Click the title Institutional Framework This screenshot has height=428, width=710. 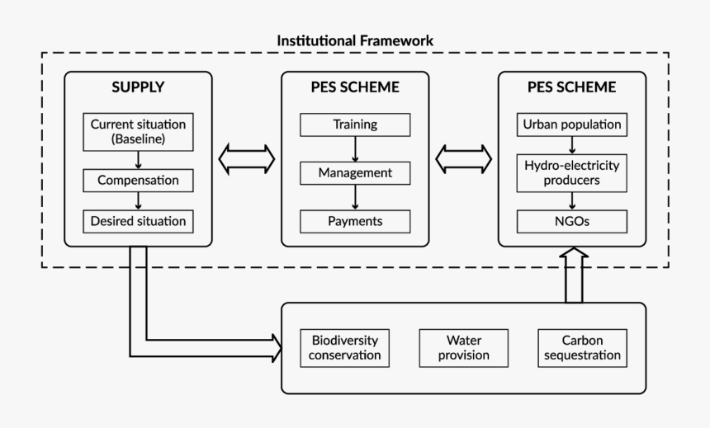(x=355, y=40)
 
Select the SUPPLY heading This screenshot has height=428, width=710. (x=138, y=87)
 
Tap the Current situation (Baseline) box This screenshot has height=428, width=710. (x=138, y=133)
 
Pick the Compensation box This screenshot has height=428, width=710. (x=138, y=180)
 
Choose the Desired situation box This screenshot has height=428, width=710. (x=138, y=221)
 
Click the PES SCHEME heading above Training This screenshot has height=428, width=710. (x=355, y=87)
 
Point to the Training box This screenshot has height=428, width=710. (x=355, y=125)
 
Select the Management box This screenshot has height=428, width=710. (x=355, y=173)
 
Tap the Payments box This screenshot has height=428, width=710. (x=355, y=221)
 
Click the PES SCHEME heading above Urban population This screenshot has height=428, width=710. (x=571, y=87)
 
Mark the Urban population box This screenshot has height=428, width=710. (x=571, y=125)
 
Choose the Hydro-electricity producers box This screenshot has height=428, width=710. (x=571, y=173)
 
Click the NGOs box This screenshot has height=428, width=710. (x=571, y=221)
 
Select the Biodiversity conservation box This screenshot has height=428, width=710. (x=345, y=348)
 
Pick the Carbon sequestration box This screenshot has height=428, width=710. (x=579, y=348)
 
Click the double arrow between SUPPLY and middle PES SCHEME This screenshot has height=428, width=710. (x=247, y=158)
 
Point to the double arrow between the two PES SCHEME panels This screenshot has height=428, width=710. (x=463, y=158)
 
